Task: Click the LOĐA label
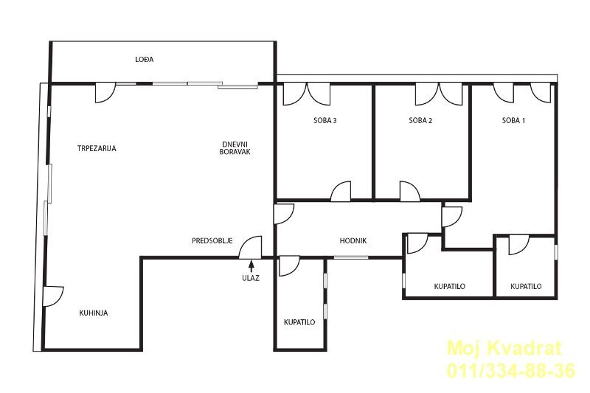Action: coord(145,60)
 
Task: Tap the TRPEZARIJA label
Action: coord(97,148)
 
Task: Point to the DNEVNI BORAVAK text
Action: coord(235,148)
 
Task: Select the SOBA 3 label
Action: coord(325,121)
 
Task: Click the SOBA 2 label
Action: coord(420,121)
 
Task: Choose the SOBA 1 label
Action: coord(513,121)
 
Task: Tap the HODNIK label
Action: coord(353,240)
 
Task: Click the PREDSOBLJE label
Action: coord(212,240)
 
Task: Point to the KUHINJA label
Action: coord(94,313)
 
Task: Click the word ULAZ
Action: coord(251,279)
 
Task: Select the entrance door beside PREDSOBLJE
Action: coord(251,247)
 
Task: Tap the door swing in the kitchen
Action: coord(53,296)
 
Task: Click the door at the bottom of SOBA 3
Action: coord(341,191)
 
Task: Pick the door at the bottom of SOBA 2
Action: coord(410,191)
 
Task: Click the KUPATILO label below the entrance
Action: coord(299,322)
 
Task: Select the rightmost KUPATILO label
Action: coord(526,287)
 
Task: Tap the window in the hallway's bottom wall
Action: coord(351,257)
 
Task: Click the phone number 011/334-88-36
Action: coord(511,371)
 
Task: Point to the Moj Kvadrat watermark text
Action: coord(504,348)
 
